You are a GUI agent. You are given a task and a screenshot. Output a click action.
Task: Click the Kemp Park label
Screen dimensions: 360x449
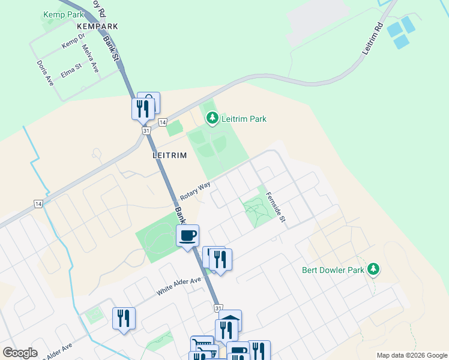coord(64,13)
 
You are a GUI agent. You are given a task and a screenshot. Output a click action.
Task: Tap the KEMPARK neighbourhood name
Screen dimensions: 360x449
coord(97,26)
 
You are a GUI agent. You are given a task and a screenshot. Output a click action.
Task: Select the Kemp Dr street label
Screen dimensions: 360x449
coord(74,41)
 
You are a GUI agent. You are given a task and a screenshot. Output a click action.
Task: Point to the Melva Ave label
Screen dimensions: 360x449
coord(90,59)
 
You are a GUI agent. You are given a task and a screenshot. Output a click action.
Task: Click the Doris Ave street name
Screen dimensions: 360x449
coord(45,73)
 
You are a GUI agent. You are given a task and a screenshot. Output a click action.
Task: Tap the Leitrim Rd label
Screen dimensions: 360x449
coord(372,40)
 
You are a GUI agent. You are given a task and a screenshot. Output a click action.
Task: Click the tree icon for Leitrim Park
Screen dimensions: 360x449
coord(212,119)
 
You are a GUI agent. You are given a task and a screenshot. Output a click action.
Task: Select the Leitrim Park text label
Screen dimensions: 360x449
coord(244,119)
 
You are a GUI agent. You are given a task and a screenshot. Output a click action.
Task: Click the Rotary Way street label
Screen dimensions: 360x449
coord(195,191)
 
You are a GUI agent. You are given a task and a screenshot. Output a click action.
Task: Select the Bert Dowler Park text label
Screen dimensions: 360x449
coord(333,270)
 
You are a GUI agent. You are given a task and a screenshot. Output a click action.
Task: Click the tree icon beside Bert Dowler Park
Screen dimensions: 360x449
coord(374,269)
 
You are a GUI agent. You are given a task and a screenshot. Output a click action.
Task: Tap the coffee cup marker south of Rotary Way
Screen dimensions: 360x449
coord(187,235)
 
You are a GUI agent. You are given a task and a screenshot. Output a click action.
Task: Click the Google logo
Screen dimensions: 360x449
coord(20,353)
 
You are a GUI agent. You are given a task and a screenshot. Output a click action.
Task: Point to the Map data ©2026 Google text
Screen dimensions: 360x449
coord(411,355)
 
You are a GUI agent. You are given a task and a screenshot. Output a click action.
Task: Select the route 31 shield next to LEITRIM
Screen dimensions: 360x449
coord(146,130)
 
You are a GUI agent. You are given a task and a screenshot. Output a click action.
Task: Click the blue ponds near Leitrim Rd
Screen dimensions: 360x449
coord(400,32)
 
